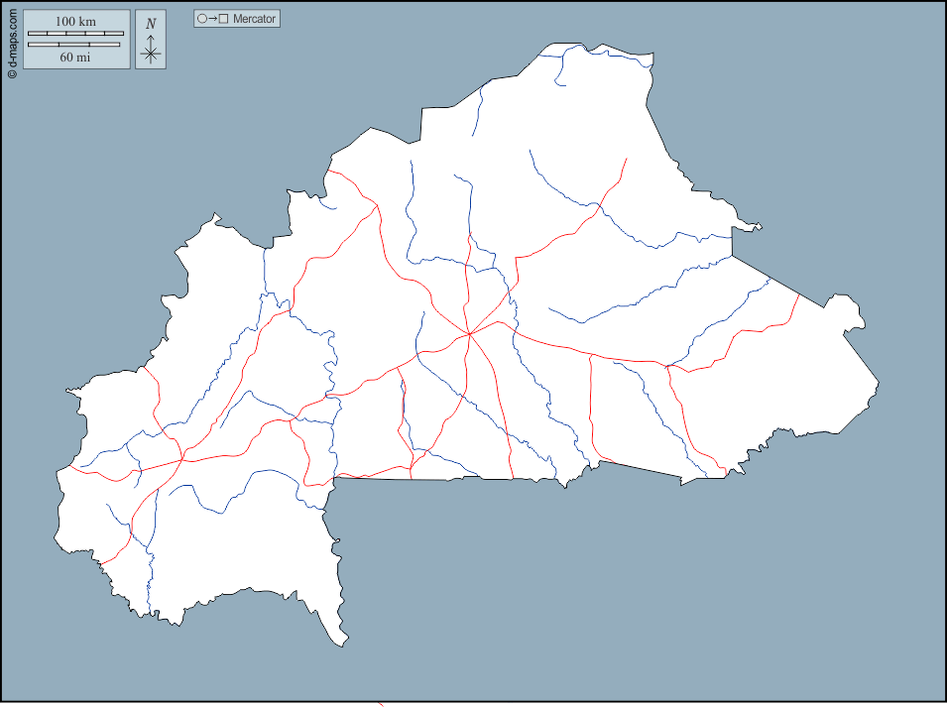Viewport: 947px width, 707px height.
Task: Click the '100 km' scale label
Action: pyautogui.click(x=75, y=21)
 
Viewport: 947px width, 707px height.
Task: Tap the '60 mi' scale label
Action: pyautogui.click(x=75, y=58)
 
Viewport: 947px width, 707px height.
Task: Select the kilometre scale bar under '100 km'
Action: pyautogui.click(x=75, y=34)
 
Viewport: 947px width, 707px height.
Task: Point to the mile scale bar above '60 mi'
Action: pyautogui.click(x=75, y=45)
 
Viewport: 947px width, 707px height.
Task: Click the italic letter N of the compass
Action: pyautogui.click(x=151, y=23)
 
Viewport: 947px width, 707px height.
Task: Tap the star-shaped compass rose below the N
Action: pyautogui.click(x=151, y=55)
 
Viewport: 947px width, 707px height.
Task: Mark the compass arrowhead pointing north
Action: pyautogui.click(x=151, y=37)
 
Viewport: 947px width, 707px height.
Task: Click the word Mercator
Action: pyautogui.click(x=255, y=19)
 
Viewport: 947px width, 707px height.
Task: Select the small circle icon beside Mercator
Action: pyautogui.click(x=202, y=19)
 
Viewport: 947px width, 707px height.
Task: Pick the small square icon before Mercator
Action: pyautogui.click(x=224, y=19)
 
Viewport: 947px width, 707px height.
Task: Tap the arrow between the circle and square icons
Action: pyautogui.click(x=213, y=19)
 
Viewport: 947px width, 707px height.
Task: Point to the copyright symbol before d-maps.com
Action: pyautogui.click(x=12, y=72)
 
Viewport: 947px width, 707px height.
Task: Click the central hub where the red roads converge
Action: pyautogui.click(x=469, y=334)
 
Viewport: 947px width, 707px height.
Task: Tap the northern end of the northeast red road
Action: pyautogui.click(x=626, y=159)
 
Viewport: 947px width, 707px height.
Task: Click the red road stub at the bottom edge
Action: pyautogui.click(x=381, y=704)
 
